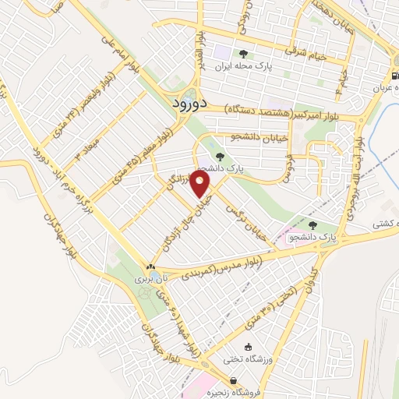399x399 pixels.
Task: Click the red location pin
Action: click(201, 185)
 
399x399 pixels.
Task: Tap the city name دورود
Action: click(188, 102)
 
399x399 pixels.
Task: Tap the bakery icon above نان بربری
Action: click(150, 266)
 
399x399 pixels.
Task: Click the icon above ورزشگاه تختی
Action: click(249, 347)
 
